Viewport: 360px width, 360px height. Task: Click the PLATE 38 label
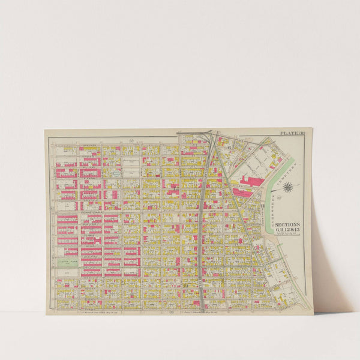(291, 133)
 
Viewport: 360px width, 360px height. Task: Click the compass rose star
(288, 188)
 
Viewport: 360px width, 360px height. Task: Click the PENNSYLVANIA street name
(90, 212)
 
